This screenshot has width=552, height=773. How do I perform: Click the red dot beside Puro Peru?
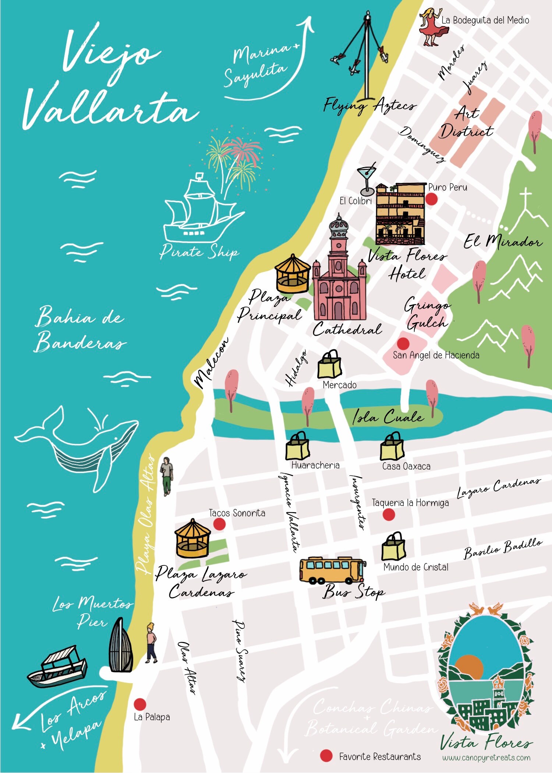click(431, 199)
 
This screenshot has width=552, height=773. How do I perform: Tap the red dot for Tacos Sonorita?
click(219, 524)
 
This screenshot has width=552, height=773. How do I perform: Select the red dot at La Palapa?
click(139, 704)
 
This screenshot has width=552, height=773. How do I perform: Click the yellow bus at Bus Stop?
click(332, 570)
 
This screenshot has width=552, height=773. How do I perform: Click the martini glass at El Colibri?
click(367, 180)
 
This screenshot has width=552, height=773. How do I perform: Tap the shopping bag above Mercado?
click(330, 365)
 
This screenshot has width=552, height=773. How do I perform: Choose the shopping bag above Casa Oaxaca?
click(392, 447)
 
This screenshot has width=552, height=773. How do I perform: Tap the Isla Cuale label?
click(388, 417)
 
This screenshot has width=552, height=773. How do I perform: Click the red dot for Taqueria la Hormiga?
click(389, 514)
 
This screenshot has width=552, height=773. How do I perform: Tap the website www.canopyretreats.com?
click(486, 758)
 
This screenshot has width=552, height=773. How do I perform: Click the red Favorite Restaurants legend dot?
click(326, 756)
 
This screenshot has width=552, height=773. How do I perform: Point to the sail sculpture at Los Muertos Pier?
click(120, 646)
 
